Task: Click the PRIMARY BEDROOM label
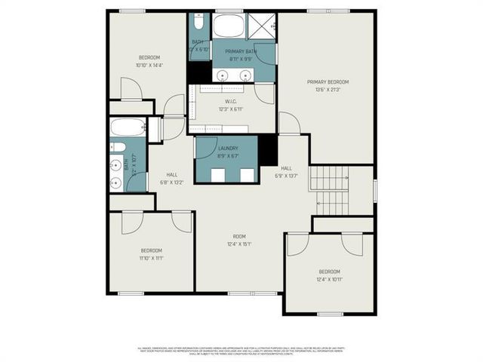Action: [328, 81]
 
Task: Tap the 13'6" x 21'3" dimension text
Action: [328, 89]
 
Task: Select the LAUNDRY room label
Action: [228, 149]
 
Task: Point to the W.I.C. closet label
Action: [231, 102]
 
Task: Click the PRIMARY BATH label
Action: [241, 51]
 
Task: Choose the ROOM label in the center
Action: [239, 236]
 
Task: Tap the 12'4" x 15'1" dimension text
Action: [239, 244]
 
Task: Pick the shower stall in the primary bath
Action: [264, 26]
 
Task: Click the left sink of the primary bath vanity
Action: [224, 75]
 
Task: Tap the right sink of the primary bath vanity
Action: [246, 75]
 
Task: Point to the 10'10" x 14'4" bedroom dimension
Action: [149, 66]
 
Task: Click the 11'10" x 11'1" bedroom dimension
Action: [151, 258]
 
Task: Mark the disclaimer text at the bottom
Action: [241, 350]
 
